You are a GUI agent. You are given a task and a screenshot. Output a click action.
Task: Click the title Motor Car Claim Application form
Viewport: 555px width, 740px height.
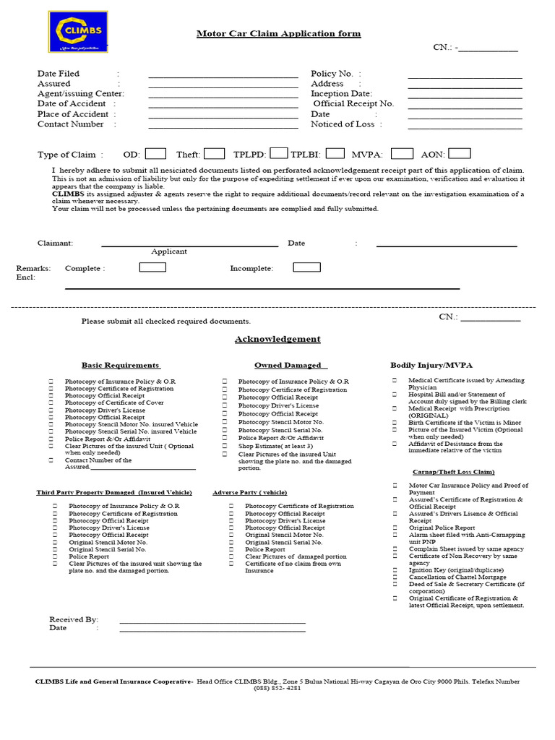pyautogui.click(x=278, y=34)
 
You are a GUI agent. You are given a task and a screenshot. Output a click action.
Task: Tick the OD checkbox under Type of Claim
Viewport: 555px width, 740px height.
pyautogui.click(x=155, y=153)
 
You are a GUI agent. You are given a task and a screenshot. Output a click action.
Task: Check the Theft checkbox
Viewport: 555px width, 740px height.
pyautogui.click(x=214, y=153)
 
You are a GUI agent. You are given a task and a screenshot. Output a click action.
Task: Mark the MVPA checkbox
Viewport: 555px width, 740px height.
pyautogui.click(x=403, y=153)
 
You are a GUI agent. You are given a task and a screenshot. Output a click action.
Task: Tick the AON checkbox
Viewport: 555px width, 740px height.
pyautogui.click(x=460, y=153)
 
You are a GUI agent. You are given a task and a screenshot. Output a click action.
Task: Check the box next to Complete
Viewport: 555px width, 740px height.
pyautogui.click(x=152, y=267)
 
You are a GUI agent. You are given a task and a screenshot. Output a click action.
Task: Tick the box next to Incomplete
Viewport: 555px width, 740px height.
pyautogui.click(x=306, y=267)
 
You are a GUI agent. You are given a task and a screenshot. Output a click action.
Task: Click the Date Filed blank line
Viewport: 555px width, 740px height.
pyautogui.click(x=223, y=76)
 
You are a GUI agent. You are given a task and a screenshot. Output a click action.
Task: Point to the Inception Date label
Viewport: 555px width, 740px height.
pyautogui.click(x=341, y=94)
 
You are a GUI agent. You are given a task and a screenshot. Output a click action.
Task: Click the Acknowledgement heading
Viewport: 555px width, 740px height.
pyautogui.click(x=277, y=339)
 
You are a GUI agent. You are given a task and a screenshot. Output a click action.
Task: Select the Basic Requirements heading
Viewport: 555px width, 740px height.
pyautogui.click(x=121, y=366)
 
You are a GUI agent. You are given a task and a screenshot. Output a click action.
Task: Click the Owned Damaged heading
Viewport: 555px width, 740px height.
pyautogui.click(x=291, y=366)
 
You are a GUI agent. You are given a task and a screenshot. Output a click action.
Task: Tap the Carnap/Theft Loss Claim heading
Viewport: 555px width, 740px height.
pyautogui.click(x=443, y=472)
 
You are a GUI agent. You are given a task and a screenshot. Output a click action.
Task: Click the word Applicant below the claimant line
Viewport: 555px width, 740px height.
pyautogui.click(x=169, y=251)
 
